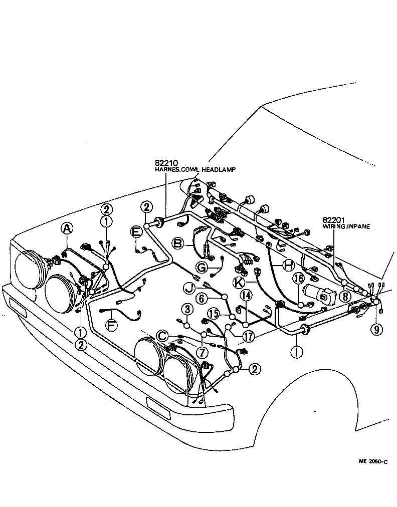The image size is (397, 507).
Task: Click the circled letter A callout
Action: [x=66, y=228]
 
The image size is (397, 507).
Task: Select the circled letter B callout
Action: [x=177, y=243]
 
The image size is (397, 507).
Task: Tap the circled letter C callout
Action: [x=162, y=335]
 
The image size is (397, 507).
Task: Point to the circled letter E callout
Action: [x=136, y=231]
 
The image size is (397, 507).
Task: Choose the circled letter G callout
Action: [x=201, y=268]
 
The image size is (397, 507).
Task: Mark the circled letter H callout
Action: [x=288, y=266]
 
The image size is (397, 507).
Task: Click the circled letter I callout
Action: [x=298, y=352]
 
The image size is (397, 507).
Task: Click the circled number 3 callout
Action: [x=186, y=308]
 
